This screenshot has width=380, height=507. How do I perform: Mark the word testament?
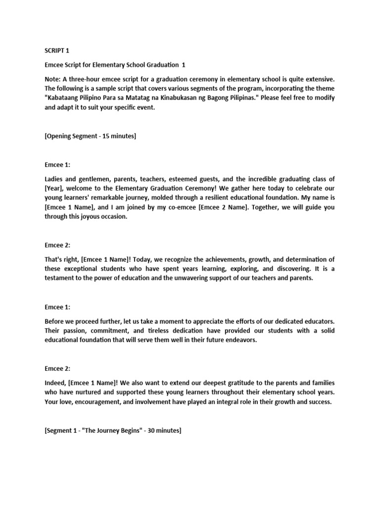[x=63, y=279]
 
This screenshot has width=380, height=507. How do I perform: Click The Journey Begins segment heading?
[x=113, y=431]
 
